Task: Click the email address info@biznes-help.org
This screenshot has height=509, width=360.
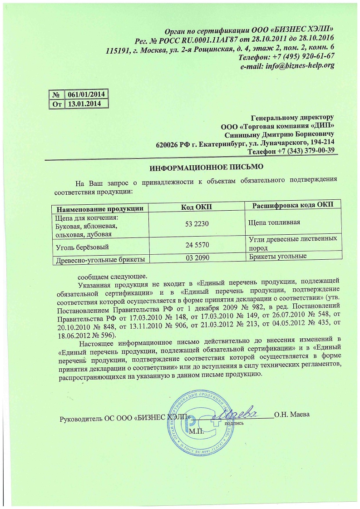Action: [x=287, y=66]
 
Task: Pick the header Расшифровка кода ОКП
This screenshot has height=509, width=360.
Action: [x=292, y=205]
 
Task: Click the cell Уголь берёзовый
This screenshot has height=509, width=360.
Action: [x=81, y=247]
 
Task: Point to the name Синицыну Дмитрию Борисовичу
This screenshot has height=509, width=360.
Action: [x=280, y=134]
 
